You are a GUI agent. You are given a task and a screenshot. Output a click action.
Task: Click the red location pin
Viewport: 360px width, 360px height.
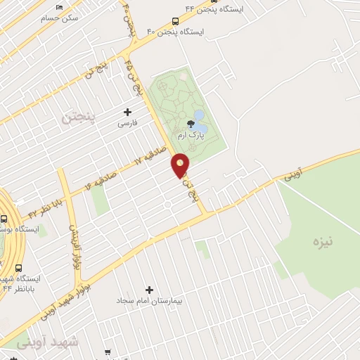pyautogui.click(x=181, y=165)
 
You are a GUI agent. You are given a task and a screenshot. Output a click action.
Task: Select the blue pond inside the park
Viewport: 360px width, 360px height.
pyautogui.click(x=200, y=115)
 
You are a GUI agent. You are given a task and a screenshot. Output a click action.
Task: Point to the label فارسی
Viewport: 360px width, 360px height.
pyautogui.click(x=127, y=122)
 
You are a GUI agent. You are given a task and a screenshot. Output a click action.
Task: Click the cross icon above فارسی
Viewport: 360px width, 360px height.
pyautogui.click(x=127, y=112)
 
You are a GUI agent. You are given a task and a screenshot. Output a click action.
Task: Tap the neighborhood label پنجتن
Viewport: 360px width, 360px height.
pyautogui.click(x=77, y=117)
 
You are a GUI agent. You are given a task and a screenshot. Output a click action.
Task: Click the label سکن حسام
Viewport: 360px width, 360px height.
pyautogui.click(x=60, y=18)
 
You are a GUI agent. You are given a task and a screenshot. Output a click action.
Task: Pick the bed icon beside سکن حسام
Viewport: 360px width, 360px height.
pyautogui.click(x=59, y=7)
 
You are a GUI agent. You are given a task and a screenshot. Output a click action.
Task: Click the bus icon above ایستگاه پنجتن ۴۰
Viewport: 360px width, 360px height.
pyautogui.click(x=175, y=21)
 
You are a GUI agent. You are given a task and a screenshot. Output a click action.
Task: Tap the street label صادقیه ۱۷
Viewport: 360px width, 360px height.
pyautogui.click(x=151, y=157)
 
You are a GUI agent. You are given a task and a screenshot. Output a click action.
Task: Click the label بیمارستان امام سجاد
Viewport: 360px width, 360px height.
pyautogui.click(x=149, y=301)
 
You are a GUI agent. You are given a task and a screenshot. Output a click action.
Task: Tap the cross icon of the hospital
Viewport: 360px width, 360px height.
pyautogui.click(x=149, y=290)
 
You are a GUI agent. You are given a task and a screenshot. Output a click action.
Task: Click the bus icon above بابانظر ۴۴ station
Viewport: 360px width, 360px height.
pyautogui.click(x=18, y=268)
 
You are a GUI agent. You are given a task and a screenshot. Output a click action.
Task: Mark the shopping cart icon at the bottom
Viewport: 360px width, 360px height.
pyautogui.click(x=108, y=352)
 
